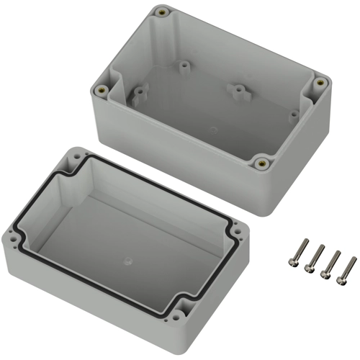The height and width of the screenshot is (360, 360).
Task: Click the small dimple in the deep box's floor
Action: coord(213,130)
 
